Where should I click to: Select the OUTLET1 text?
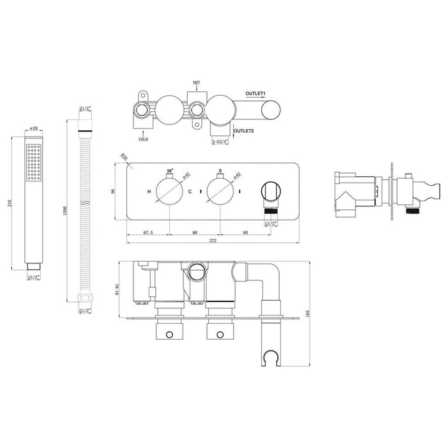click(256, 94)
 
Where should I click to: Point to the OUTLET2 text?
click(245, 132)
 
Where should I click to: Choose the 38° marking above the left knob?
click(169, 172)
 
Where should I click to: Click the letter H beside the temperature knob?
click(149, 192)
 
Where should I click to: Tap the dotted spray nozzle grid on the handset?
click(33, 160)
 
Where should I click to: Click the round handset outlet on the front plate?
click(271, 191)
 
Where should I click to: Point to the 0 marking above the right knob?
click(220, 172)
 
